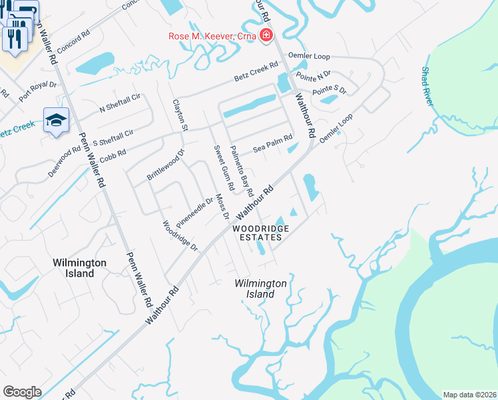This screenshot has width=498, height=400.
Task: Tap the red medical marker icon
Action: click(266, 35)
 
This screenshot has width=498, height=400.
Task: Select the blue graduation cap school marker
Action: click(57, 120)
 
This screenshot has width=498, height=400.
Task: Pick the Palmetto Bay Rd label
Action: click(242, 171)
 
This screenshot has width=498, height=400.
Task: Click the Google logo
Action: click(22, 392)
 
